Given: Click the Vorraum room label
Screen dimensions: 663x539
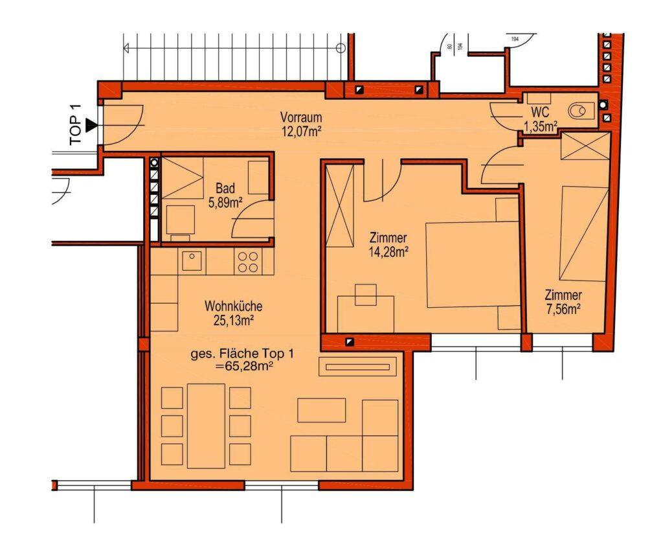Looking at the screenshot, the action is (x=300, y=117).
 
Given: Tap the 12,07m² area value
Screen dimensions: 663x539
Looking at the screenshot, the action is (x=302, y=132).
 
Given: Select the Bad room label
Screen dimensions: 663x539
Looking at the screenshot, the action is (x=225, y=189).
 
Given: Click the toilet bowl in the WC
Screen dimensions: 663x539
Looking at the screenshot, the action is (x=578, y=111).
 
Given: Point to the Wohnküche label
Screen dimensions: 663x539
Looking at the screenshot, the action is (x=233, y=306).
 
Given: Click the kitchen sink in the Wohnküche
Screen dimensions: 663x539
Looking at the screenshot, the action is (x=192, y=259).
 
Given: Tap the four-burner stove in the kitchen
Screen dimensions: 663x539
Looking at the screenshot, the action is (x=248, y=262).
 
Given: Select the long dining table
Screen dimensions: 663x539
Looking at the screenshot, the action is (x=206, y=426).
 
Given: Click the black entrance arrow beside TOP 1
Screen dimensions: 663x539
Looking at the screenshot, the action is (x=91, y=125).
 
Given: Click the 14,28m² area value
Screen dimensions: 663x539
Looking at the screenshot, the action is (x=388, y=252).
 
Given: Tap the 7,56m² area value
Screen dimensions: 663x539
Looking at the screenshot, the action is (x=563, y=309).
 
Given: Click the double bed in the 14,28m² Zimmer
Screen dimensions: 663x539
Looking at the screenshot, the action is (x=473, y=264).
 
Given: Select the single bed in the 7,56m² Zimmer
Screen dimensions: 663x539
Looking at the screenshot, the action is (x=584, y=233).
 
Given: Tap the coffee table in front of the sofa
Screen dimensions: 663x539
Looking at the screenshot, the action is (x=321, y=410).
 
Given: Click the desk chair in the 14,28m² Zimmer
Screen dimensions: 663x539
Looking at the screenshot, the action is (x=366, y=295).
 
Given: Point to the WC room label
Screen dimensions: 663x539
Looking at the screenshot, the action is (x=541, y=112).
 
